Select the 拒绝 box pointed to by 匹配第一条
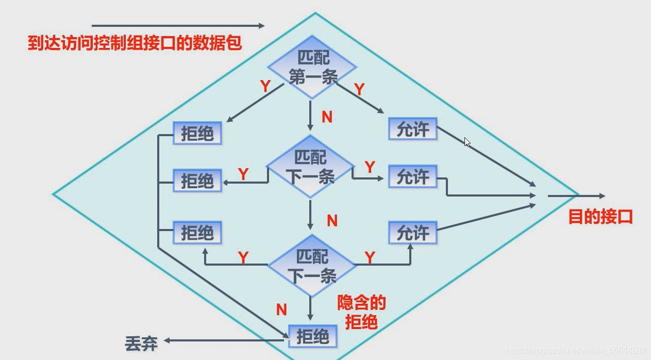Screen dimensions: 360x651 (197, 134)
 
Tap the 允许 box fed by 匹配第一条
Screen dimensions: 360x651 (413, 129)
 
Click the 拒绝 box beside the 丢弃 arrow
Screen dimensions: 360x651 (313, 337)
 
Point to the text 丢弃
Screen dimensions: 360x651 (141, 342)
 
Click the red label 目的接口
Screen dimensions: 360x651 (600, 217)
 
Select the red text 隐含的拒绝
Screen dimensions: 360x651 (361, 312)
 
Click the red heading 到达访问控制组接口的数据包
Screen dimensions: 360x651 (135, 43)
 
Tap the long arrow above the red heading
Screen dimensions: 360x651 (178, 25)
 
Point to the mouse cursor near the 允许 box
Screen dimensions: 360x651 (467, 142)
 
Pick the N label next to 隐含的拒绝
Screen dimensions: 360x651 (281, 309)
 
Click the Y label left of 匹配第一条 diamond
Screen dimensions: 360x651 (265, 86)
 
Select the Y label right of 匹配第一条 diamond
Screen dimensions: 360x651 (359, 89)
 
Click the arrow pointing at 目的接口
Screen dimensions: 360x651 (576, 196)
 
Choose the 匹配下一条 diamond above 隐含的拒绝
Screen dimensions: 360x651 (311, 266)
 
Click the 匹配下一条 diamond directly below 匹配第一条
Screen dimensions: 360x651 (310, 167)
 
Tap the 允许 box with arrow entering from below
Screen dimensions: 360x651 (413, 233)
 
